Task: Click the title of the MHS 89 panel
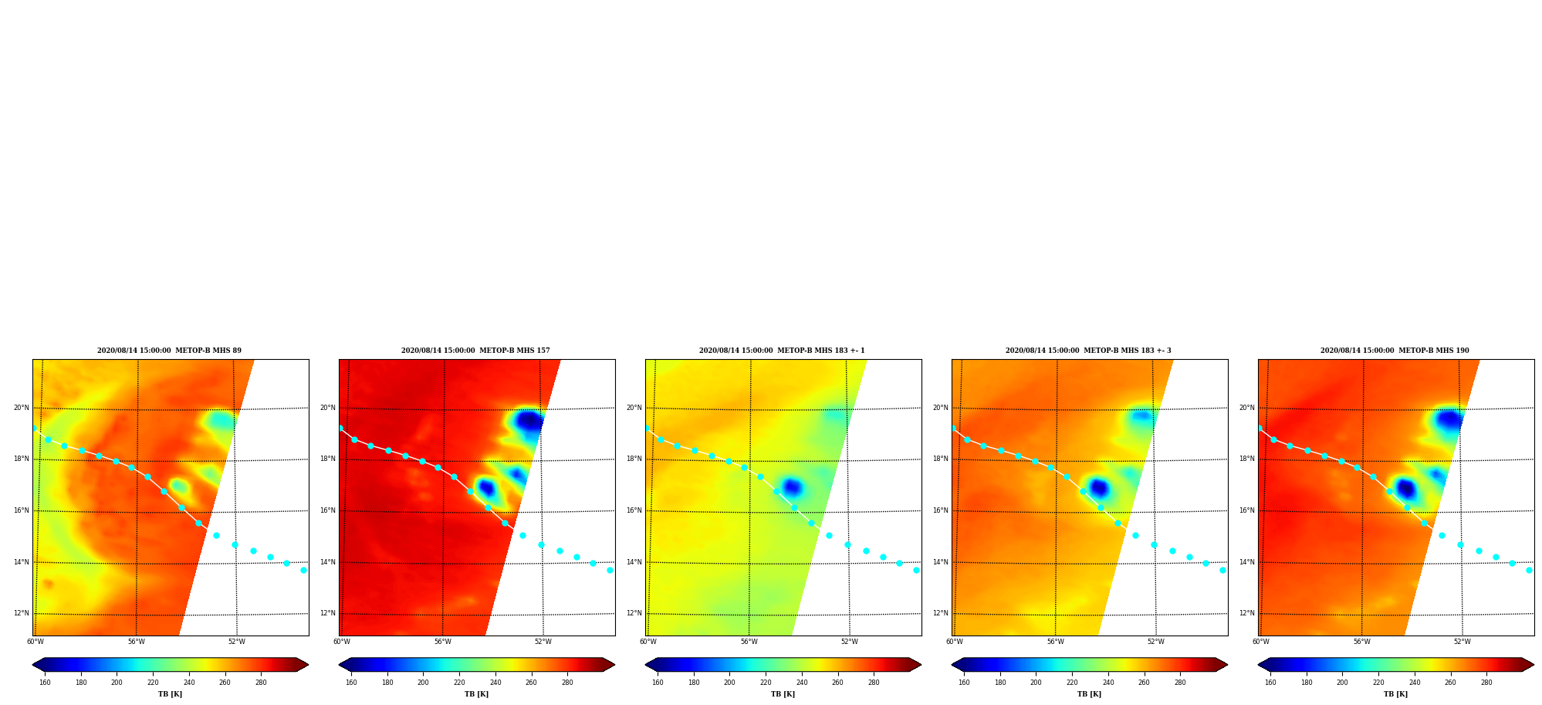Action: click(169, 351)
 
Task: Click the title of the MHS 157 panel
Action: click(475, 351)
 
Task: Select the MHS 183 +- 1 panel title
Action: click(782, 351)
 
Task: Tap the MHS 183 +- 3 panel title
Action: click(1088, 351)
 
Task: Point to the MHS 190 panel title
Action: click(1395, 351)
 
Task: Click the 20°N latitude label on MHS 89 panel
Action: click(21, 408)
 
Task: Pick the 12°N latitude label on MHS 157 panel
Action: click(327, 613)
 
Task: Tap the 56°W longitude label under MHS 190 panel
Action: click(1361, 642)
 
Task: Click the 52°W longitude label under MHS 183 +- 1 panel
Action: click(849, 642)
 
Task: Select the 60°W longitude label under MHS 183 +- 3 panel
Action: click(955, 642)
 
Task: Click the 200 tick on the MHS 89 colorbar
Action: click(117, 683)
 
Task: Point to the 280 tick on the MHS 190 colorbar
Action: click(1486, 683)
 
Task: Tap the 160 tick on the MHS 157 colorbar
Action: click(351, 683)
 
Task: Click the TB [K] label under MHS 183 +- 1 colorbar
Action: click(783, 694)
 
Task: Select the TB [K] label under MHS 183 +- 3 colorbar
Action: click(1089, 694)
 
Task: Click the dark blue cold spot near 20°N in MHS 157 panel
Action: click(529, 421)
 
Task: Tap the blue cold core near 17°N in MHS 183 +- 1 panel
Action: click(792, 487)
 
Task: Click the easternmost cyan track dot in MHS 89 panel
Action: click(303, 570)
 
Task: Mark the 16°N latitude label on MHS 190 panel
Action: click(1246, 510)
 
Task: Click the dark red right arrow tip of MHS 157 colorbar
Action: click(614, 664)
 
